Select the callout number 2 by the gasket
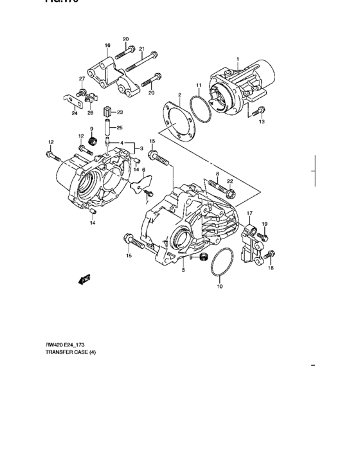point(180,95)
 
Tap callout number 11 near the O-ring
point(199,85)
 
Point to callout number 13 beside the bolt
point(262,121)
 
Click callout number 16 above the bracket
point(107,46)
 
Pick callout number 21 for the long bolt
point(141,48)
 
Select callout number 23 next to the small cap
point(120,113)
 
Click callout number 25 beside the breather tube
point(120,127)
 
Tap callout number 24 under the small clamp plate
point(74,114)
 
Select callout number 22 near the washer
point(230,181)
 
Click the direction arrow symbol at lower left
point(82,280)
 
